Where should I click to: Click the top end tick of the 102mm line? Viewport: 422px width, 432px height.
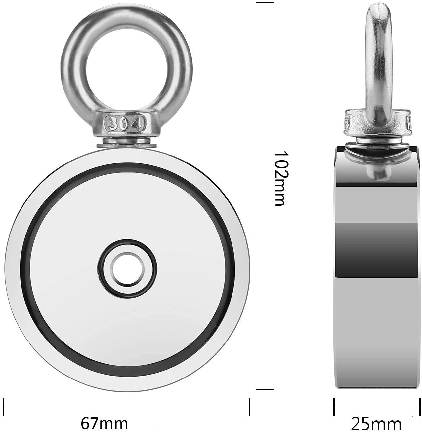click(x=265, y=3)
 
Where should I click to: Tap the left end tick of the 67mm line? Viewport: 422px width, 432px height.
click(x=4, y=407)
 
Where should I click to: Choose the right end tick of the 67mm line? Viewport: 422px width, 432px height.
click(x=250, y=407)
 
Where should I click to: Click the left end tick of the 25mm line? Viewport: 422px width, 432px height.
click(x=334, y=407)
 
